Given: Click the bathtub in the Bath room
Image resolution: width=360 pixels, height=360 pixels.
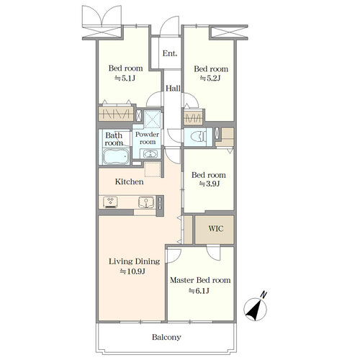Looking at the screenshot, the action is pyautogui.click(x=116, y=156).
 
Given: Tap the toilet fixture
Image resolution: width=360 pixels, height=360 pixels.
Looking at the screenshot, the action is pyautogui.click(x=198, y=137).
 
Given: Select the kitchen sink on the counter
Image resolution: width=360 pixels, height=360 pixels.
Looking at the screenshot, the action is pyautogui.click(x=146, y=202).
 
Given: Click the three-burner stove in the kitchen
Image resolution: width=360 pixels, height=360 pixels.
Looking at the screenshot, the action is pyautogui.click(x=110, y=202).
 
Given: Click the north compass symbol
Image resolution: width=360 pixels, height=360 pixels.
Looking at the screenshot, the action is pyautogui.click(x=256, y=307).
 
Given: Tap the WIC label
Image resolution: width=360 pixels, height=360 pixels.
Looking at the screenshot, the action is pyautogui.click(x=216, y=228).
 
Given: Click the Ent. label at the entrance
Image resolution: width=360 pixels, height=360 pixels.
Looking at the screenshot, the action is pyautogui.click(x=170, y=53).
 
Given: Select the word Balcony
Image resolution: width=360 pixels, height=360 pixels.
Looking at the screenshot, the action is pyautogui.click(x=166, y=337).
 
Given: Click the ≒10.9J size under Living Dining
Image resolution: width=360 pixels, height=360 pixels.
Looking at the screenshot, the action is pyautogui.click(x=132, y=271).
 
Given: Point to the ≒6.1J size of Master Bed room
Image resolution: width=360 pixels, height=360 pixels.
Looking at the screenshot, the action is pyautogui.click(x=199, y=291).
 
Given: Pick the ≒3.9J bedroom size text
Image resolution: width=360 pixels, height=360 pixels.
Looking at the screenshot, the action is pyautogui.click(x=210, y=184).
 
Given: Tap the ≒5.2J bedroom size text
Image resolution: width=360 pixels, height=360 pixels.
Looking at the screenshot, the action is pyautogui.click(x=210, y=78).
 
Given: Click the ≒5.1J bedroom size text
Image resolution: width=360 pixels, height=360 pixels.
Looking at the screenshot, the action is pyautogui.click(x=125, y=78).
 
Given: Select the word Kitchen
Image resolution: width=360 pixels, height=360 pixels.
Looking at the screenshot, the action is pyautogui.click(x=130, y=181).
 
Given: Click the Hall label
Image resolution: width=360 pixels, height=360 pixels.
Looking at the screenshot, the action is pyautogui.click(x=173, y=89).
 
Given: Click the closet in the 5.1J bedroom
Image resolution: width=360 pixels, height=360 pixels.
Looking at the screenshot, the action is pyautogui.click(x=116, y=114).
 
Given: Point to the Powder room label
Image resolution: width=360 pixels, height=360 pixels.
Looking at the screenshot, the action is pyautogui.click(x=147, y=138).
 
